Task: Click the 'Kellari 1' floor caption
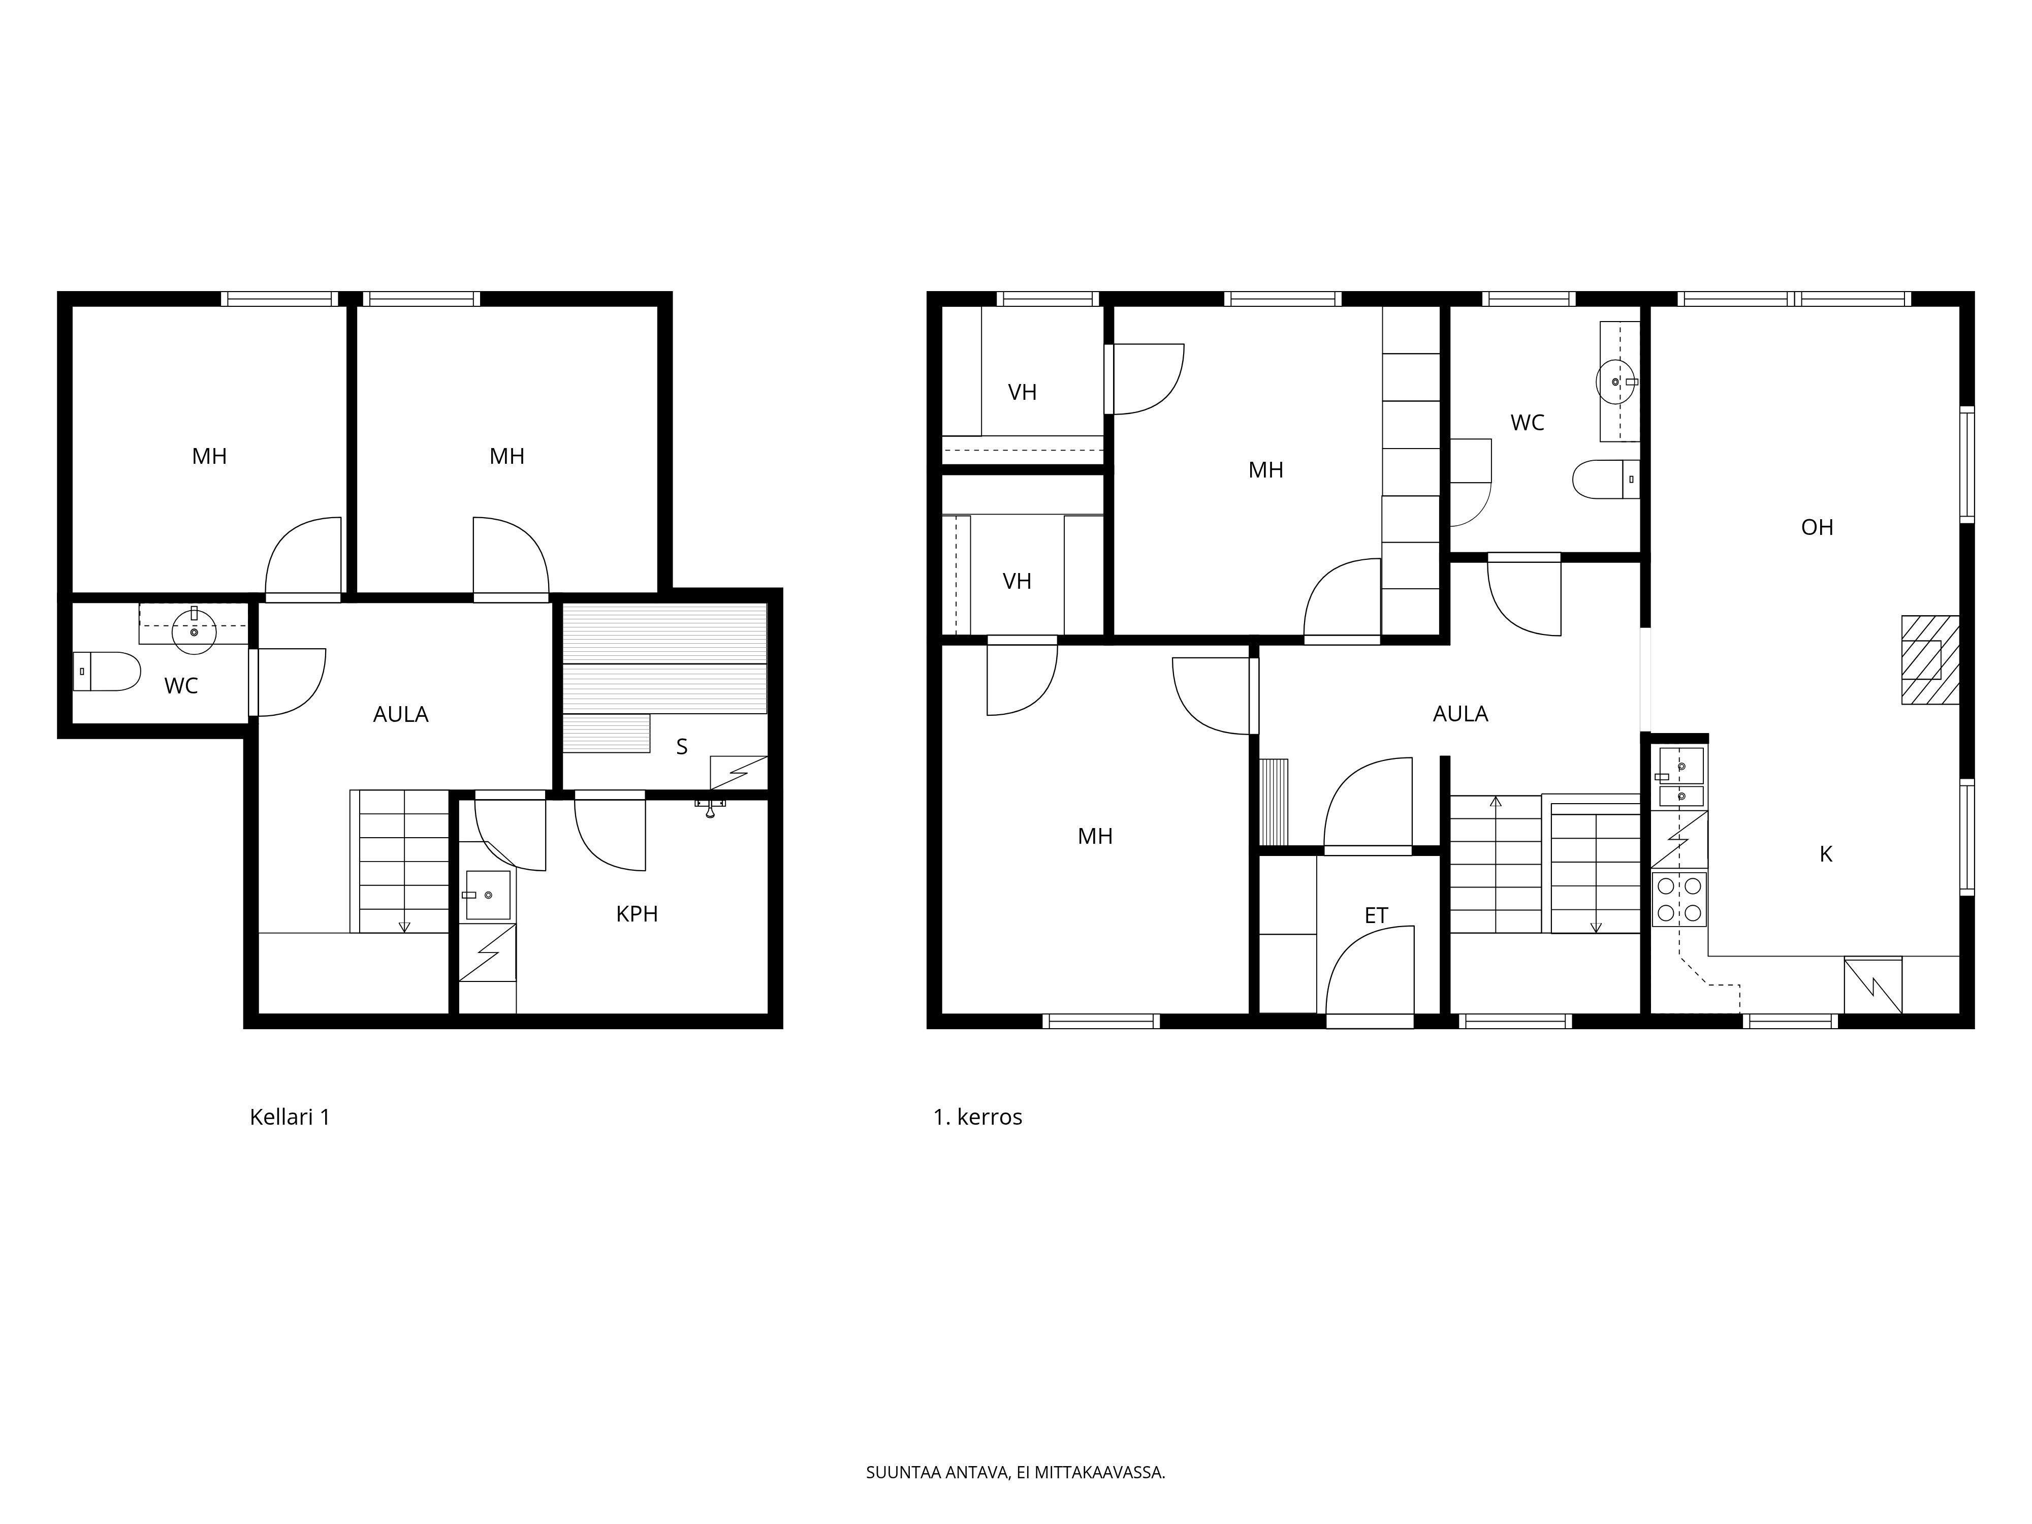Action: point(290,1117)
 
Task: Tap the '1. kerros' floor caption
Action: point(977,1117)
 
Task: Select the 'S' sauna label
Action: point(682,747)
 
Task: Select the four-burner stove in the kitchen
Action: point(1679,899)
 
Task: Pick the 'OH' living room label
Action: point(1817,527)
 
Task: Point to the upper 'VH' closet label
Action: point(1023,392)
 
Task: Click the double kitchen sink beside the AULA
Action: point(1681,777)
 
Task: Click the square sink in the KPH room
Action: point(488,895)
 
